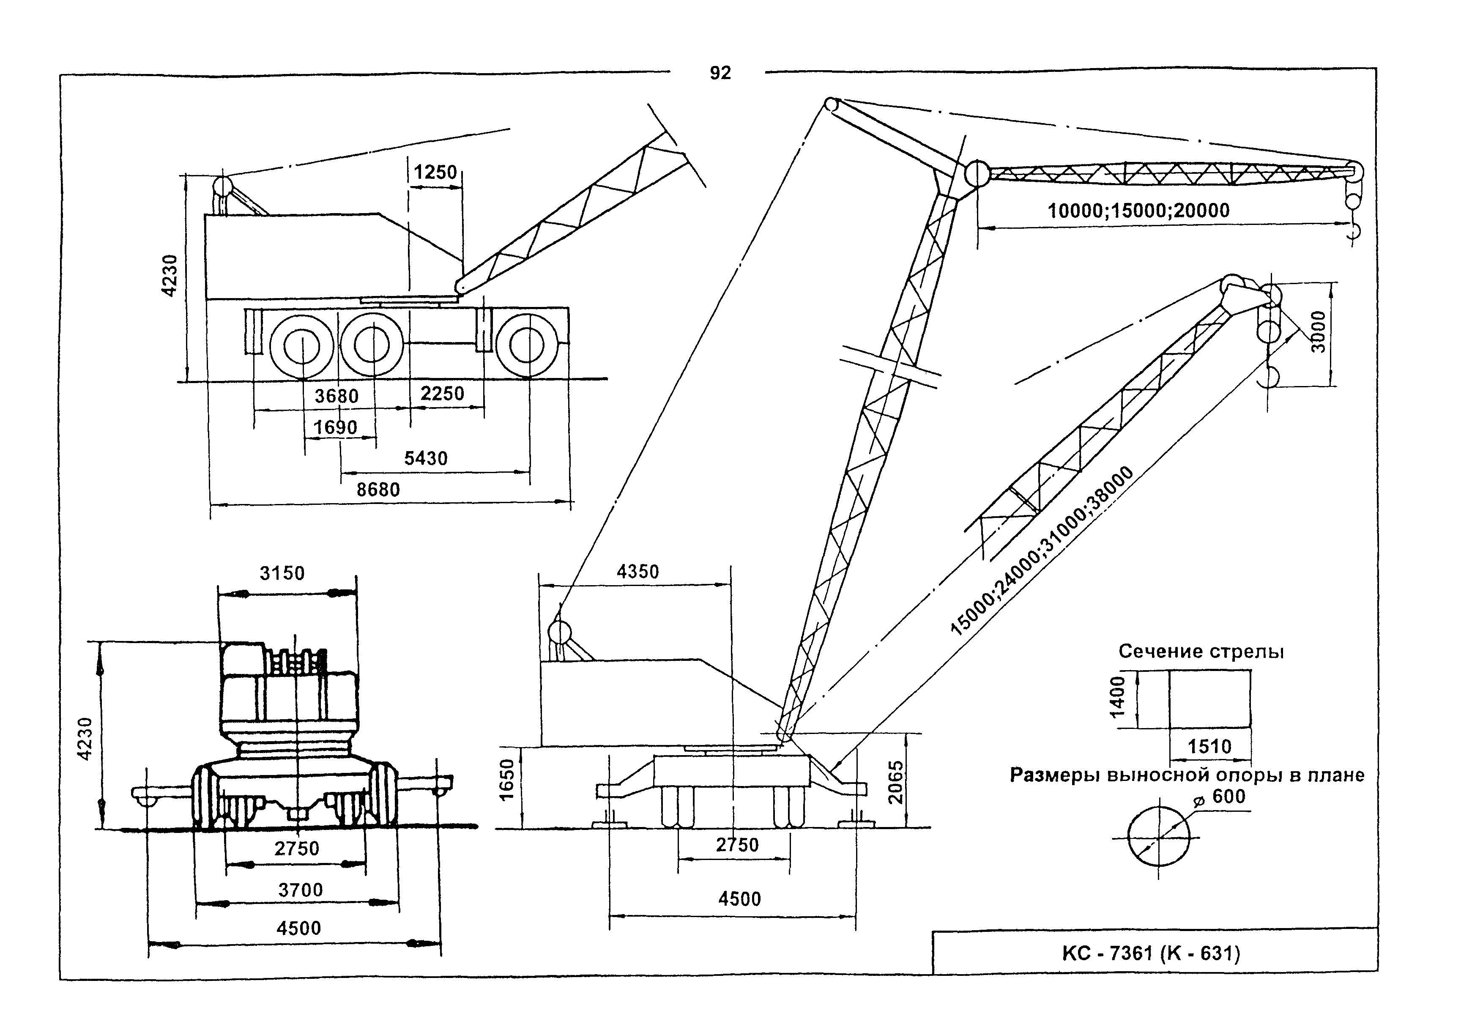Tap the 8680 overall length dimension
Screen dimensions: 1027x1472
(378, 490)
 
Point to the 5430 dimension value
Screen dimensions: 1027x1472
(426, 458)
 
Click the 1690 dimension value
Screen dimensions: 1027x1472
(335, 427)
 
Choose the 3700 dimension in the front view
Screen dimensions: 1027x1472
(300, 890)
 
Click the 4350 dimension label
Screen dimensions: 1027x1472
(638, 572)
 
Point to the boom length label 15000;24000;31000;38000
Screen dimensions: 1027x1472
(1042, 550)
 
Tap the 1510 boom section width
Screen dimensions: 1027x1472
(1210, 746)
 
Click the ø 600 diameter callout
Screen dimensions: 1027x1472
(1222, 797)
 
